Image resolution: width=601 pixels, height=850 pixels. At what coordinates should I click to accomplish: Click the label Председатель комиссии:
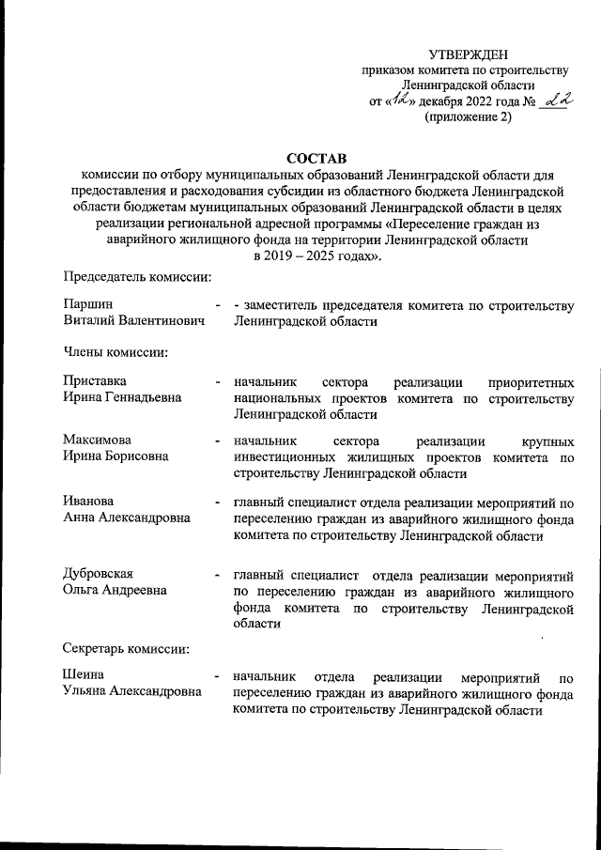(x=137, y=276)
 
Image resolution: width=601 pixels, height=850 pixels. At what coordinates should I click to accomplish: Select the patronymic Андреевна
(x=129, y=590)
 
